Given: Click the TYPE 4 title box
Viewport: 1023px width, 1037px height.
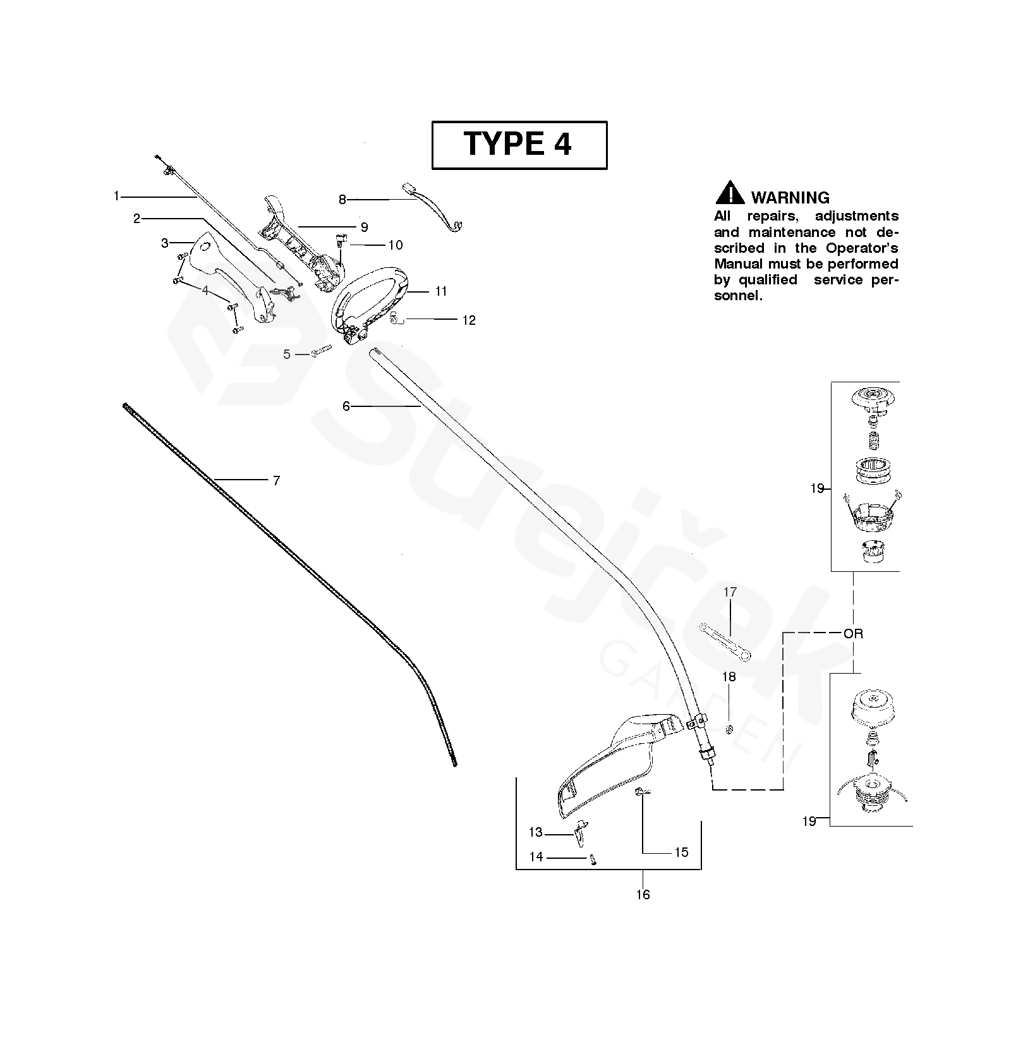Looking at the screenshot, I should click(519, 145).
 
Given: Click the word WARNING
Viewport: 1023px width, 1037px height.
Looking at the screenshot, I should click(790, 198).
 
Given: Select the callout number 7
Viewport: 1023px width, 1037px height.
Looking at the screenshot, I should click(276, 481).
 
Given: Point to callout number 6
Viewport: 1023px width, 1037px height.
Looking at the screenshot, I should click(346, 406).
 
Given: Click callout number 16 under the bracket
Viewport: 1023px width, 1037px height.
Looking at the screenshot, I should click(643, 895).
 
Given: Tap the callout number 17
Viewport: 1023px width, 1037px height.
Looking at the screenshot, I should click(730, 592).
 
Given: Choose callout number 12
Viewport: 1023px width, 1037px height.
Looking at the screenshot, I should click(468, 320).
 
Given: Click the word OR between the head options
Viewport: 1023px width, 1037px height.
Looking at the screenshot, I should click(853, 634).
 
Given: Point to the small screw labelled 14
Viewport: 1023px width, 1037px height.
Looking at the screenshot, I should click(593, 859).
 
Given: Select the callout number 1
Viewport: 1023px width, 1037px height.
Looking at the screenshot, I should click(116, 197).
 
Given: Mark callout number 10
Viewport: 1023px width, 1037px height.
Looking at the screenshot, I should click(395, 245).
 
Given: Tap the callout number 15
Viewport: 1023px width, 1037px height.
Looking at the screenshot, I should click(681, 852).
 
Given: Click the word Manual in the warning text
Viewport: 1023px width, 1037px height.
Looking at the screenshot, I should click(739, 264).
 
